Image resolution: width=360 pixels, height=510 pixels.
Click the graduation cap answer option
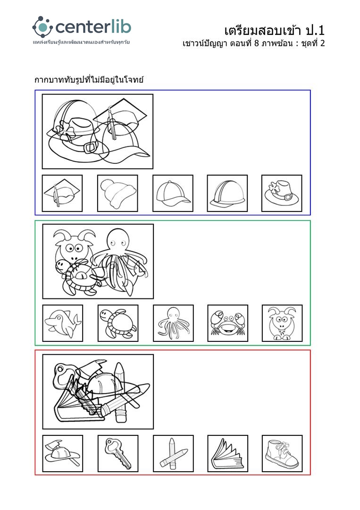62,193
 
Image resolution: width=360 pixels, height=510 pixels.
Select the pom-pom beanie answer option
117,193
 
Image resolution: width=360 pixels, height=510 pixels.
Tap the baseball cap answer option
173,193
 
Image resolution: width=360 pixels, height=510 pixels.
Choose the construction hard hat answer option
227,193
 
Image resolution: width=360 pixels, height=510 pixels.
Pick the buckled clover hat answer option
282,193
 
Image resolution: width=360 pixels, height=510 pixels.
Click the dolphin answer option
63,323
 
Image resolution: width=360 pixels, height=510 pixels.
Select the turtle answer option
118,323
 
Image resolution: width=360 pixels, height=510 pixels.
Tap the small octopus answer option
173,323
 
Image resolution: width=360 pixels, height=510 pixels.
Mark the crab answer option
228,323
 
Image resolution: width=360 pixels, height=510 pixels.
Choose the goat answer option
282,323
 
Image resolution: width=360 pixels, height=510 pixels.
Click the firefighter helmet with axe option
63,453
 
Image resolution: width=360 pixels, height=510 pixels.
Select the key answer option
118,453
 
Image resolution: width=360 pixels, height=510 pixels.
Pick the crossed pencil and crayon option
173,453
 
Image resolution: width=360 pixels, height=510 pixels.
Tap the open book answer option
228,453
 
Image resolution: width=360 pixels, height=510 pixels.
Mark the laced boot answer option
282,453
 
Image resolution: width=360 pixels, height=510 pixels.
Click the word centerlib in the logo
93,27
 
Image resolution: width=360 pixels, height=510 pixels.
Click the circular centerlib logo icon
42,27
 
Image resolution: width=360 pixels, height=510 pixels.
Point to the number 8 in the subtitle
256,43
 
